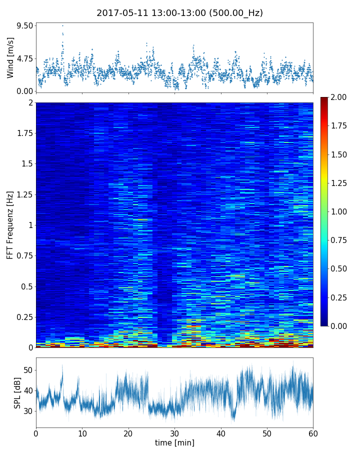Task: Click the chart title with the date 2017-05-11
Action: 179,13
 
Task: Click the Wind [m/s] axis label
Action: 10,57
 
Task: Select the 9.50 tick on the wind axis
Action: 24,25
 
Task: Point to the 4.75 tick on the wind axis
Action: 24,58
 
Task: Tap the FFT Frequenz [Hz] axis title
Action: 10,224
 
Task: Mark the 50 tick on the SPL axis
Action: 28,370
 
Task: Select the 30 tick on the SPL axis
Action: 28,411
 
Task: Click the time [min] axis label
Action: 174,442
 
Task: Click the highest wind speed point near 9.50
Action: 62,25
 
